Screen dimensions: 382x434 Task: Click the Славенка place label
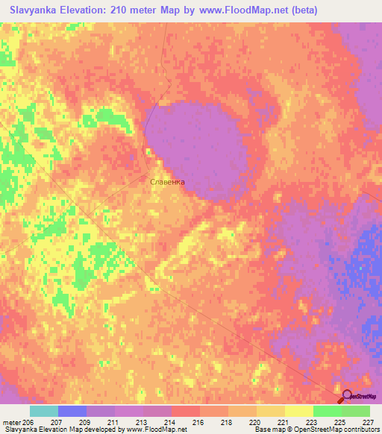click(167, 181)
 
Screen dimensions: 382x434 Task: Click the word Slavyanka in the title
click(34, 10)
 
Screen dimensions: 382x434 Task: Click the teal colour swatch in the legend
click(44, 411)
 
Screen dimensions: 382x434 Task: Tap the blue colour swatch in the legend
click(72, 411)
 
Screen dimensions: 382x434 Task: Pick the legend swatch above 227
click(356, 411)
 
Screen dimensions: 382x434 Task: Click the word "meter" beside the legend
click(11, 422)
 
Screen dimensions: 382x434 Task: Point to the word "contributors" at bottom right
click(360, 430)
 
